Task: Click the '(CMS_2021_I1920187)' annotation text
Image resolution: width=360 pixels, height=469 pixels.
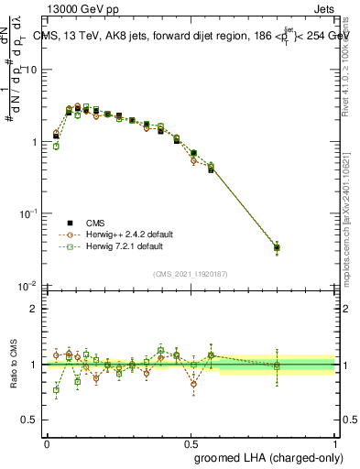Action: [x=191, y=274]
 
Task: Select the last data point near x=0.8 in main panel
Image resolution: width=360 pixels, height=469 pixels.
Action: [x=278, y=247]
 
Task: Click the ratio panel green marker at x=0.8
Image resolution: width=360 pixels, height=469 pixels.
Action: [x=278, y=365]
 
